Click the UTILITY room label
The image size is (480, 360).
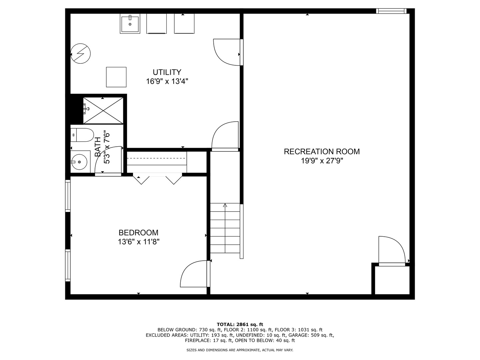tap(167, 72)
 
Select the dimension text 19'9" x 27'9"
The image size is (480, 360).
tap(322, 161)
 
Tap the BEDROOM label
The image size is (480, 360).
tap(138, 233)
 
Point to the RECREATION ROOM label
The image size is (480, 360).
tap(322, 152)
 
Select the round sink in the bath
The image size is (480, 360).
tap(79, 162)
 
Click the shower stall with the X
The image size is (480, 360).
tap(103, 110)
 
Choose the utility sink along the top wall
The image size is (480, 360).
tap(130, 23)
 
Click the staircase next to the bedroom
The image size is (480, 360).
tap(225, 228)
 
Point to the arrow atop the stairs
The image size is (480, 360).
tap(225, 205)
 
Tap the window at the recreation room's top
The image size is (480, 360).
tap(391, 11)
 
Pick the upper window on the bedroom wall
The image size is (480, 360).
tap(68, 196)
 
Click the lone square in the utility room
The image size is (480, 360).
tap(116, 77)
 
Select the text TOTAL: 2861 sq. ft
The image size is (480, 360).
tap(240, 324)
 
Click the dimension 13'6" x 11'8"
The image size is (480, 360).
tap(138, 242)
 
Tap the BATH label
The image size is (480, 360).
tap(98, 147)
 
